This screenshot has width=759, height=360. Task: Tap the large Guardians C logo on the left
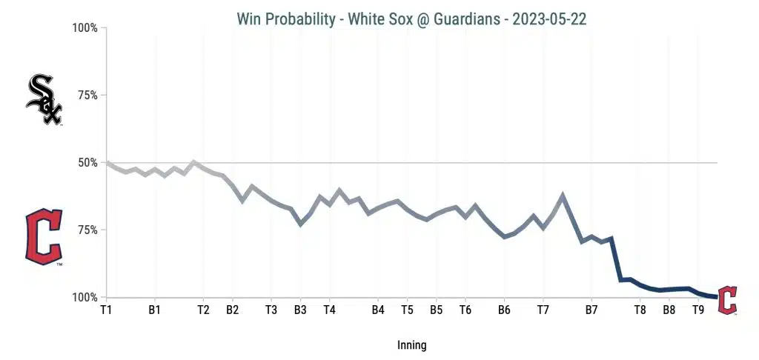coord(44,236)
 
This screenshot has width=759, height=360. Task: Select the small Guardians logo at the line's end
coord(728,300)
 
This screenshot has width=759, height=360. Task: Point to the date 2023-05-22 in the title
coord(553,19)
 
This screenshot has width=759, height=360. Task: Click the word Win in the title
coord(250,19)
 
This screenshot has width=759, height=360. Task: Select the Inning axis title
coord(411,345)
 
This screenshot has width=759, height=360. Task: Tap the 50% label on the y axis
coord(87,162)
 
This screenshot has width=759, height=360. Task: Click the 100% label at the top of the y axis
coord(84,28)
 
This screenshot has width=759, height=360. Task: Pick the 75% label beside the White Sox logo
coord(87,96)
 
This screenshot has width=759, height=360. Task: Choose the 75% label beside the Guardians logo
coord(87,230)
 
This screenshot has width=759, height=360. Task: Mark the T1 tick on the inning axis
coord(106,310)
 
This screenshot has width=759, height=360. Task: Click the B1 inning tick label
coord(155,310)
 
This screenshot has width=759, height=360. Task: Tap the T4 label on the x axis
coord(329,310)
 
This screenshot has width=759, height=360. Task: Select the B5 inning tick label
coord(436,310)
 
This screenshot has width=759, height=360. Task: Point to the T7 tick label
coord(543,310)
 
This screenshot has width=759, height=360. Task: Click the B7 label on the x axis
coord(591,310)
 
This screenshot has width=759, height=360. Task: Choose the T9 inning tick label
coord(698,310)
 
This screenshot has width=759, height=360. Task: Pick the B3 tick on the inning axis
coord(300,310)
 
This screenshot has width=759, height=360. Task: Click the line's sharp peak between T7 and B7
coord(563,196)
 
